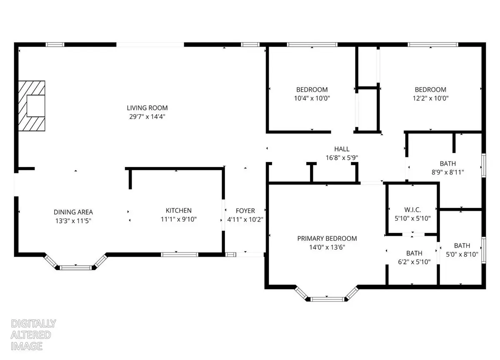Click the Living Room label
coord(144,108)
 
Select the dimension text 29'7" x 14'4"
coord(144,117)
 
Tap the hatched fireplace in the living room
coord(32,105)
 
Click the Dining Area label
coord(73,212)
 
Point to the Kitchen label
coord(178,211)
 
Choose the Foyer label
coord(245,211)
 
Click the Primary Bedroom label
coord(327,238)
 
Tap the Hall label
coord(342,149)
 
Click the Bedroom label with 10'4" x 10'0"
coord(312,90)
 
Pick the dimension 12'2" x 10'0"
coord(430,98)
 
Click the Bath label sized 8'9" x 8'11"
coord(447,164)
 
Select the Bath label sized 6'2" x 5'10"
coord(414,253)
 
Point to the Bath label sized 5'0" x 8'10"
coord(462,246)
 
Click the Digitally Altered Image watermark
coord(27,335)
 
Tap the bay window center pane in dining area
coord(76,267)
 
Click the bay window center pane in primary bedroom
coord(327,299)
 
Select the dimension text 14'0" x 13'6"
coord(327,247)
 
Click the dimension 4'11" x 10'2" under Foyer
coord(245,220)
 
